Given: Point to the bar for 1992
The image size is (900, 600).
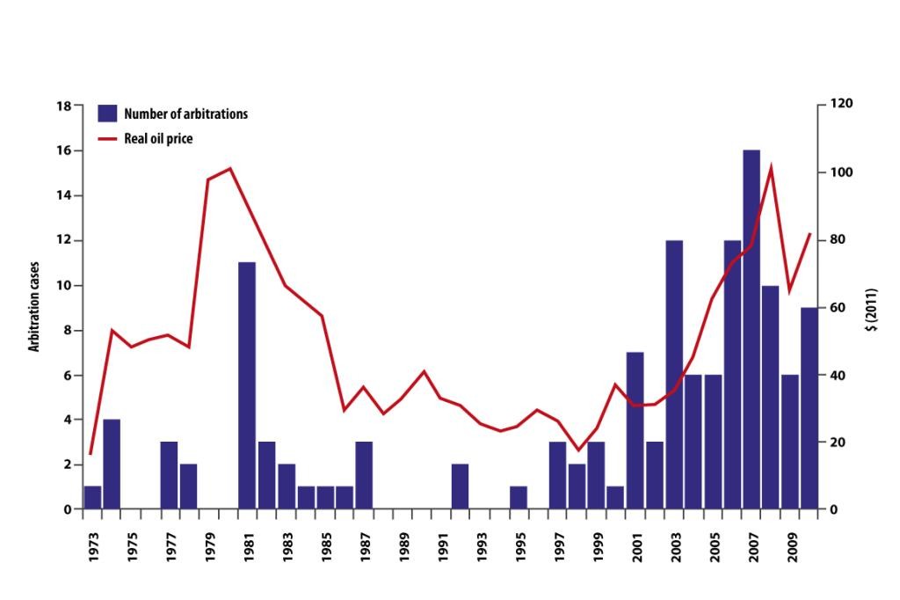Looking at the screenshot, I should tap(461, 487).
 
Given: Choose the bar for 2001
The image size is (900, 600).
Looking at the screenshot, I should tap(635, 430).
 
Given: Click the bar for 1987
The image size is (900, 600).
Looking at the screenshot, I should tap(364, 475).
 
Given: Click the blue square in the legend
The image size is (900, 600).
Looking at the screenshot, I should tap(107, 113).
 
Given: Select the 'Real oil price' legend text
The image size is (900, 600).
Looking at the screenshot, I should tap(158, 138).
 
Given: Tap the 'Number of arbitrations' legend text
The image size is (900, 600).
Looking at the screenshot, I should tap(185, 113).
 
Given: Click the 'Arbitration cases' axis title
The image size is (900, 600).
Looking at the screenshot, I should tap(35, 308).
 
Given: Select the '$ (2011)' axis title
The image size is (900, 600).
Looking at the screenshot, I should tap(871, 308).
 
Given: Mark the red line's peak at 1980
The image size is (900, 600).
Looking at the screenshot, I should tap(229, 168).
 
